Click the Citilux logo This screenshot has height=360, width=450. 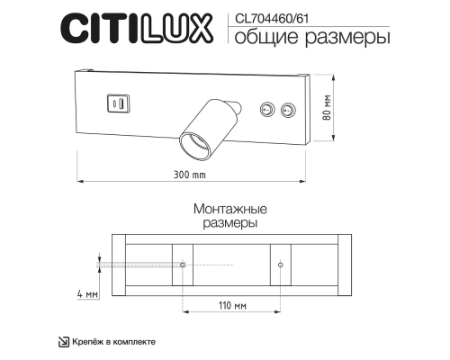point(137,28)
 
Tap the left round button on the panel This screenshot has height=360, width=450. point(265,110)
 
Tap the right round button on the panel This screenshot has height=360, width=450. point(287,110)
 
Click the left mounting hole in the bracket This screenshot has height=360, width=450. point(183,265)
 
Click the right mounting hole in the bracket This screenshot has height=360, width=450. point(282,265)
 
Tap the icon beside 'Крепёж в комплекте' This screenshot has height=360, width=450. point(63,341)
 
